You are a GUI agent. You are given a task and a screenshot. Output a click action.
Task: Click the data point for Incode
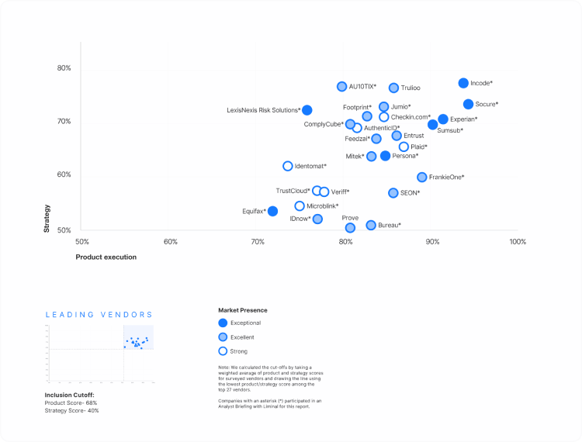pos(463,83)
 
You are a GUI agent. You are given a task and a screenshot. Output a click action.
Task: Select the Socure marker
pos(468,104)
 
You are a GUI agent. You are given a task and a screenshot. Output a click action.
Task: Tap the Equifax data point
pos(272,211)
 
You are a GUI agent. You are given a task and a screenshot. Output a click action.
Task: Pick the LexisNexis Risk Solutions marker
pos(307,110)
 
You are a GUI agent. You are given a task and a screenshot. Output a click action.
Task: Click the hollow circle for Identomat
pos(288,166)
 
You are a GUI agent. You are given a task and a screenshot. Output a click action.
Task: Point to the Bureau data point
pos(371,225)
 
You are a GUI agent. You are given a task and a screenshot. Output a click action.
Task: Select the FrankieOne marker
pos(422,177)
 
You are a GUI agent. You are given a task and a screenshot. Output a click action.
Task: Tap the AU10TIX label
pos(362,87)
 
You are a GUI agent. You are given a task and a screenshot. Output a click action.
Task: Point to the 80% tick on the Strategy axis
pos(64,68)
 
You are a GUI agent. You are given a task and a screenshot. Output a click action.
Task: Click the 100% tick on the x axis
pos(518,242)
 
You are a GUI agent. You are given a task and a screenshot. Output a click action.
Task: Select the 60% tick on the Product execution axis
pos(171,242)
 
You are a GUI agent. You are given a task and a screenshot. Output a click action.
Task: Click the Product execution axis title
pos(106,257)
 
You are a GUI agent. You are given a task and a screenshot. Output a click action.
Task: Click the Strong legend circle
pos(223,351)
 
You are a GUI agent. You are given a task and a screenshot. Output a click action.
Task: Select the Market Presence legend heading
pos(244,310)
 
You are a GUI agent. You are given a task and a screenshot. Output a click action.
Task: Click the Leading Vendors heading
pos(99,315)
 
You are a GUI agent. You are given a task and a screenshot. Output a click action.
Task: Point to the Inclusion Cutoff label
pos(70,395)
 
